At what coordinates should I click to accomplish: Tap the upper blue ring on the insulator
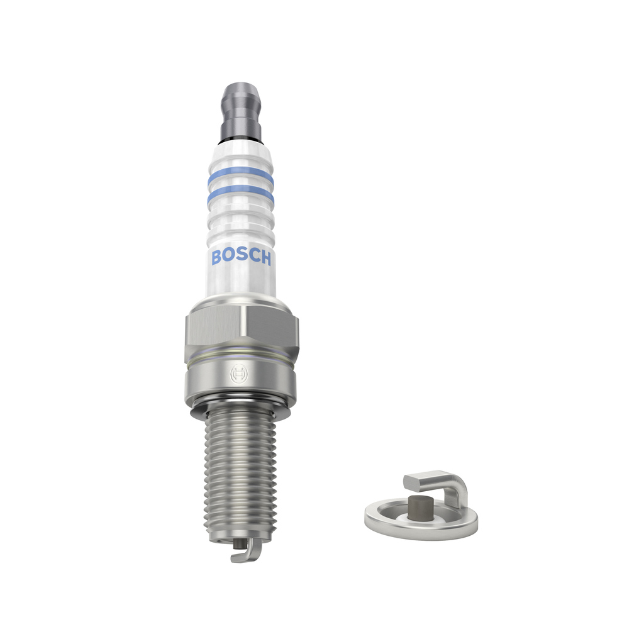pyautogui.click(x=241, y=175)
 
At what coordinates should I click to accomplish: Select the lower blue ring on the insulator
pyautogui.click(x=241, y=194)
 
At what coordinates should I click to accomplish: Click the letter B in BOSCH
pyautogui.click(x=216, y=257)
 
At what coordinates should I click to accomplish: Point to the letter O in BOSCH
pyautogui.click(x=228, y=257)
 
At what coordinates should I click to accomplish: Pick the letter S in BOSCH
pyautogui.click(x=241, y=257)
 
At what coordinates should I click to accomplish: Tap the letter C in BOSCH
pyautogui.click(x=253, y=257)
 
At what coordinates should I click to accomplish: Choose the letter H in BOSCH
pyautogui.click(x=265, y=258)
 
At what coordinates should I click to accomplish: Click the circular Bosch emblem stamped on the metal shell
pyautogui.click(x=238, y=374)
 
